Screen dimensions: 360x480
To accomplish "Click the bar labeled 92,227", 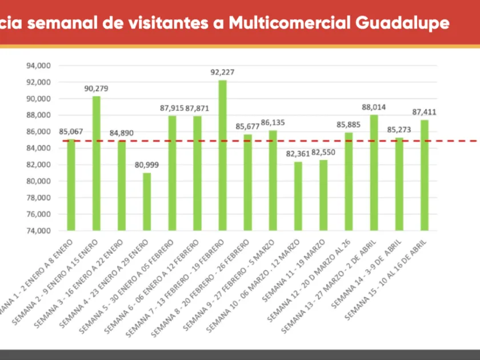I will [x=222, y=155].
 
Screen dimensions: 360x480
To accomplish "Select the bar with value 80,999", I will [x=147, y=201].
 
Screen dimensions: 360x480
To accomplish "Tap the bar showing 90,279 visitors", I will [x=97, y=163].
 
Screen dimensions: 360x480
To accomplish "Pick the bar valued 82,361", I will [x=298, y=196].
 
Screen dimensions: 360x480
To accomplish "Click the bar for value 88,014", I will [x=374, y=173].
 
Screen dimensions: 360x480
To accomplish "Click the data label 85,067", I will [x=71, y=131].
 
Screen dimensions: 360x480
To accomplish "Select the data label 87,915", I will [x=172, y=107].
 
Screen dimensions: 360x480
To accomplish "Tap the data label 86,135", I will [x=273, y=122].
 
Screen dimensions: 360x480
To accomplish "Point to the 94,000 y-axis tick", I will [x=39, y=66].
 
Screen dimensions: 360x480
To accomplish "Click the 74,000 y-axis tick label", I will [x=39, y=231].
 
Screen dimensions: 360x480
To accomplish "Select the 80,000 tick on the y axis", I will [x=39, y=181].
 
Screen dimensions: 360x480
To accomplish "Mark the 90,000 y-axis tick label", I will [x=39, y=99].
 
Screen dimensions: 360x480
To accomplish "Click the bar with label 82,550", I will [x=323, y=195].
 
